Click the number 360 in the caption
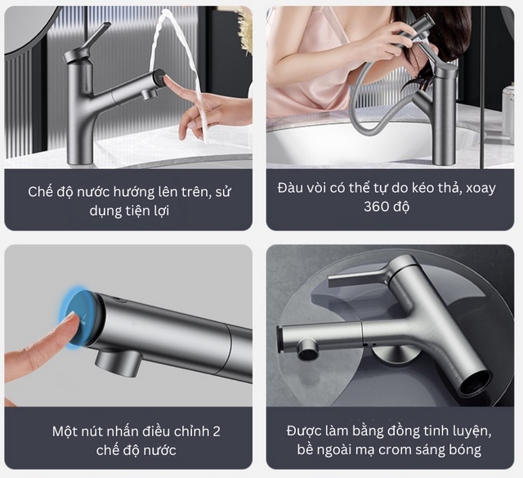point(375,207)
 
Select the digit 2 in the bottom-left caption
point(216,431)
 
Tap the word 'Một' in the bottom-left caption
point(64,431)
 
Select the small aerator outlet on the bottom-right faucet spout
point(308,349)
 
